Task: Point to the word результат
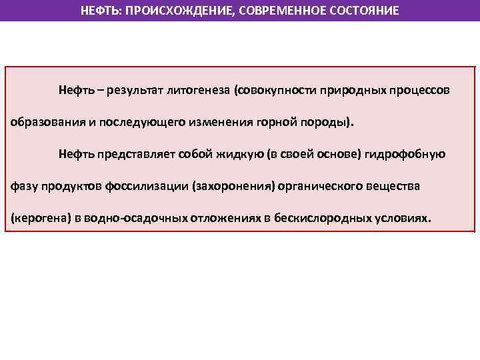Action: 138,89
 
